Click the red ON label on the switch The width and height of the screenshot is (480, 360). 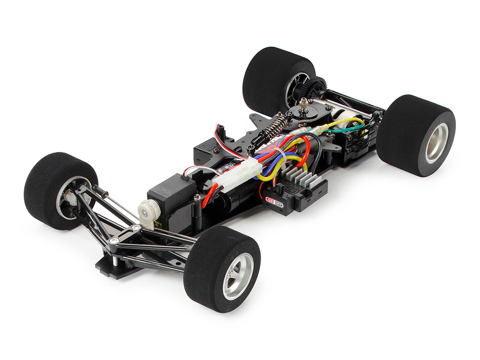tap(273, 202)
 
